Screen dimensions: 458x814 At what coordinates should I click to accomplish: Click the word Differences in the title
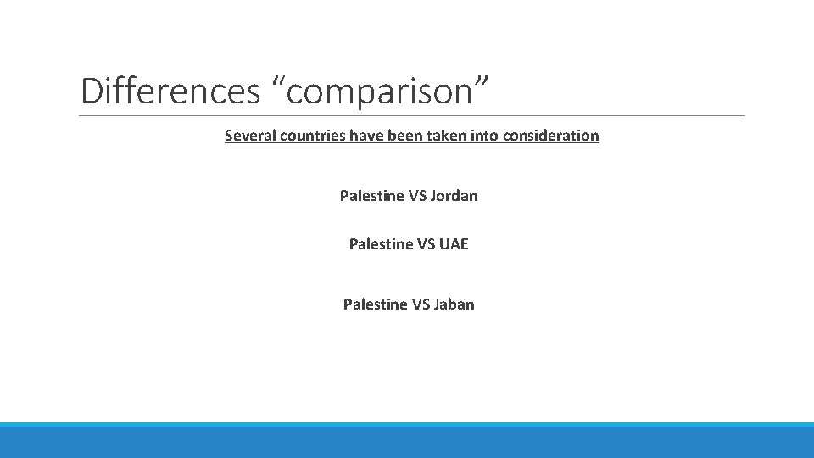coord(170,91)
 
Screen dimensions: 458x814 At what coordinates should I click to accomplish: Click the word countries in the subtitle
coord(315,136)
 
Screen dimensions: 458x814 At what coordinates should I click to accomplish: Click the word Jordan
coord(454,196)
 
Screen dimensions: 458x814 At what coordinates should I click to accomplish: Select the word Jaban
coord(454,304)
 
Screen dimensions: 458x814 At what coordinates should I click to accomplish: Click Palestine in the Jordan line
coord(371,196)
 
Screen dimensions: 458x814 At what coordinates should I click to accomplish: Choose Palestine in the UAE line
coord(381,244)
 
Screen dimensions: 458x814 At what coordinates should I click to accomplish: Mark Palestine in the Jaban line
coord(375,304)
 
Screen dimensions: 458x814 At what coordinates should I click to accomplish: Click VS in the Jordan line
coord(417,196)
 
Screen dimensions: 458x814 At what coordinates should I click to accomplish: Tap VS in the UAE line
coord(427,244)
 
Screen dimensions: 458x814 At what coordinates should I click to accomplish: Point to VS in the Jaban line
coord(421,304)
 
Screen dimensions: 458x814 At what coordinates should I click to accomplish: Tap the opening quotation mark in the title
coord(277,81)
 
